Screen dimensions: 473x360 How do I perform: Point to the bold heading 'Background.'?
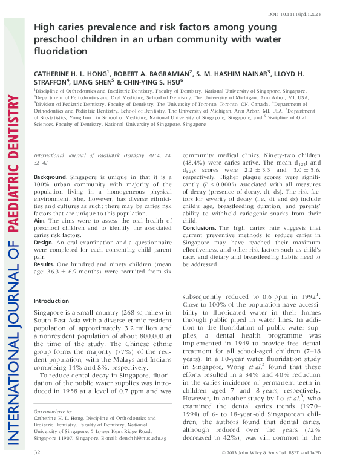tap(50, 177)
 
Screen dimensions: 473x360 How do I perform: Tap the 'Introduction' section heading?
tap(51, 301)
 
